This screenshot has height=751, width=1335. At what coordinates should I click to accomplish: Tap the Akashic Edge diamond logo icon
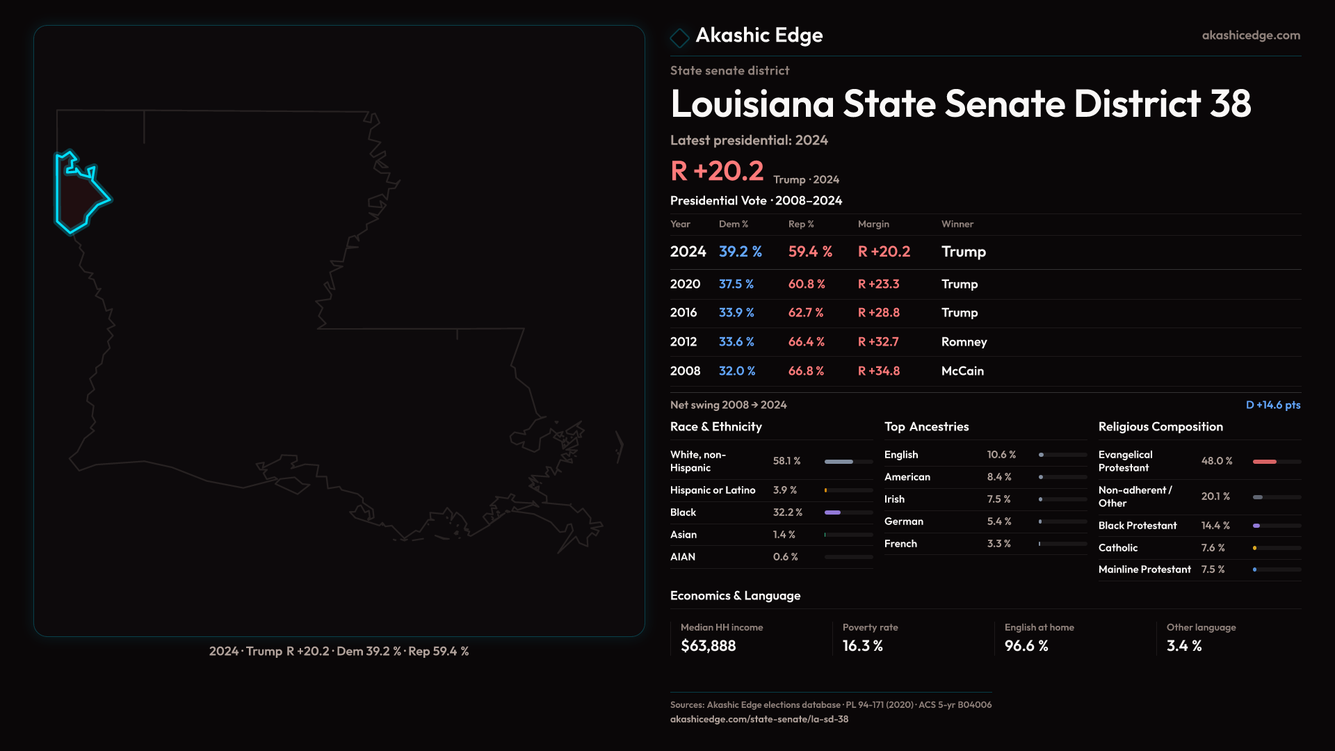coord(679,37)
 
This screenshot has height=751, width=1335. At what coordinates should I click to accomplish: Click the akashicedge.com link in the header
coord(1251,35)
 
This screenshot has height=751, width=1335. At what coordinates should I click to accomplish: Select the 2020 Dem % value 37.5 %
coord(736,284)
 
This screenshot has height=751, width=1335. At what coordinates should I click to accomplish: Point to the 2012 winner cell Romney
coord(964,342)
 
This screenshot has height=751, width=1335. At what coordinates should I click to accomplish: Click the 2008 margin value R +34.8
coord(878,371)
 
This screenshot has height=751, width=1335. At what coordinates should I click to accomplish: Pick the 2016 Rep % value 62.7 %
coord(805,313)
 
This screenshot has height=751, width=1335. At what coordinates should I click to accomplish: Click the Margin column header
coord(873,224)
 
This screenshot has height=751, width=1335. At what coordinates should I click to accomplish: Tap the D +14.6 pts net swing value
coord(1272,405)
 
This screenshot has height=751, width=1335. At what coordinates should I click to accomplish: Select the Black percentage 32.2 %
coord(787,512)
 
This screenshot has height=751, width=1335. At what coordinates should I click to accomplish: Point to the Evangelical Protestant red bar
coord(1264,462)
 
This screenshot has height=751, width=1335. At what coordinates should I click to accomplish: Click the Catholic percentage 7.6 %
coord(1213,548)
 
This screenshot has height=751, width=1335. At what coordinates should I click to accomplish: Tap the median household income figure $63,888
coord(708,646)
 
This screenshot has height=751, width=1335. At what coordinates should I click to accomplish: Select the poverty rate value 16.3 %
coord(862,646)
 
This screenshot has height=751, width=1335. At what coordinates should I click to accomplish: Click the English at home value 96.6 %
coord(1026,646)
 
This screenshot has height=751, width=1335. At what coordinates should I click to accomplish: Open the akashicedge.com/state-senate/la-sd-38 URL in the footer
coord(759,719)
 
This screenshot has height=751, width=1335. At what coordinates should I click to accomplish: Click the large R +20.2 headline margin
coord(716,171)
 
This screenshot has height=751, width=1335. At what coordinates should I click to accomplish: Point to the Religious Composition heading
coord(1160,427)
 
